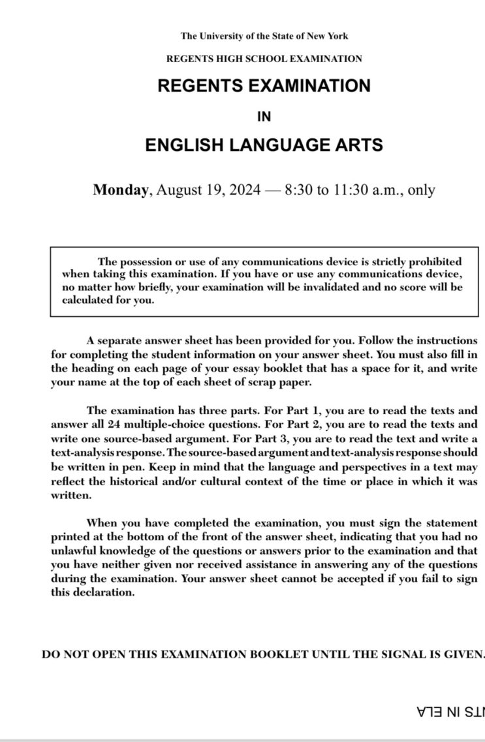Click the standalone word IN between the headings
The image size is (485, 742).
coord(264,116)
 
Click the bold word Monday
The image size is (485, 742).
coord(121,190)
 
